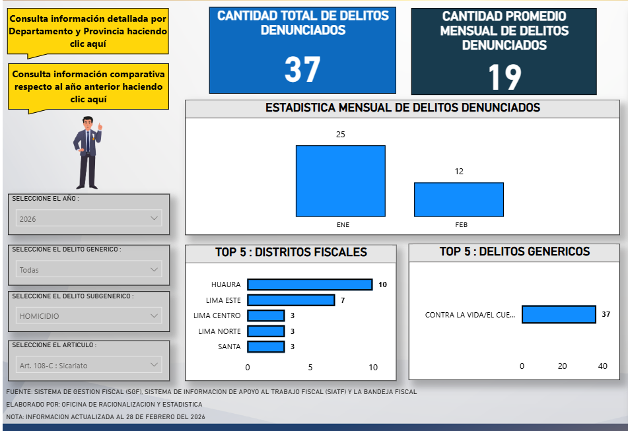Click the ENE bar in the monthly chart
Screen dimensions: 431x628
pyautogui.click(x=340, y=181)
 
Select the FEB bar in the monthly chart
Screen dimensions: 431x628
pyautogui.click(x=458, y=199)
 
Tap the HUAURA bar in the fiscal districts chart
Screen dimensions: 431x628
pyautogui.click(x=310, y=284)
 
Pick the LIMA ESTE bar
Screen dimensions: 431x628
pyautogui.click(x=291, y=300)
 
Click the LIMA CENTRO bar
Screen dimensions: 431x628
pyautogui.click(x=265, y=315)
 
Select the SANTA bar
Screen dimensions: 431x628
pyautogui.click(x=265, y=347)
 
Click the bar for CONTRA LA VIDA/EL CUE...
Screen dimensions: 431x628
pyautogui.click(x=559, y=314)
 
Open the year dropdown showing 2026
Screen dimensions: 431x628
pyautogui.click(x=88, y=218)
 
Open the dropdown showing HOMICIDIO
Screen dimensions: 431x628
pyautogui.click(x=88, y=316)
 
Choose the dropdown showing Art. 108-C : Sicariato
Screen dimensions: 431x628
pyautogui.click(x=88, y=364)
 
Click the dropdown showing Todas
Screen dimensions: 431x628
pyautogui.click(x=88, y=269)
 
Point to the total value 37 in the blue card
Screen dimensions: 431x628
pyautogui.click(x=302, y=70)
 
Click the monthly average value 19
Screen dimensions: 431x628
pyautogui.click(x=505, y=77)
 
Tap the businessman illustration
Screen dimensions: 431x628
pyautogui.click(x=88, y=152)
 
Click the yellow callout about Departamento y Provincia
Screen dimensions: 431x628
pyautogui.click(x=88, y=31)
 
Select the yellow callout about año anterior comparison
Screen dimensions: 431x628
pyautogui.click(x=88, y=86)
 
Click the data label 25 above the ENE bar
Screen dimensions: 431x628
pyautogui.click(x=340, y=135)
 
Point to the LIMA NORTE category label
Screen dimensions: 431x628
pyautogui.click(x=220, y=331)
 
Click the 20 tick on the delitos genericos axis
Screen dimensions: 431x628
pyautogui.click(x=562, y=366)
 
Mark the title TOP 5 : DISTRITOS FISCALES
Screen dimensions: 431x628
pyautogui.click(x=291, y=252)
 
